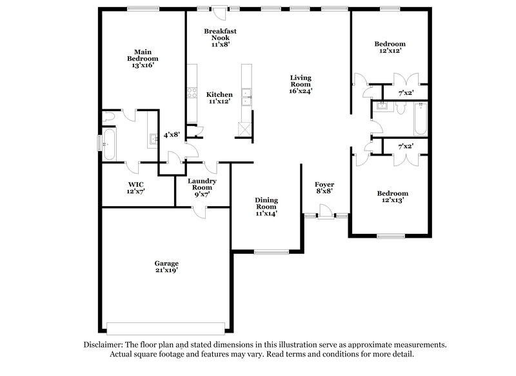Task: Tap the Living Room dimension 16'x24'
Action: click(x=300, y=92)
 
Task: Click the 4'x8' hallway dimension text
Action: click(x=171, y=135)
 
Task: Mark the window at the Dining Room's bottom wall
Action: click(x=265, y=252)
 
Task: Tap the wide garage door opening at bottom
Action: click(x=166, y=325)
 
